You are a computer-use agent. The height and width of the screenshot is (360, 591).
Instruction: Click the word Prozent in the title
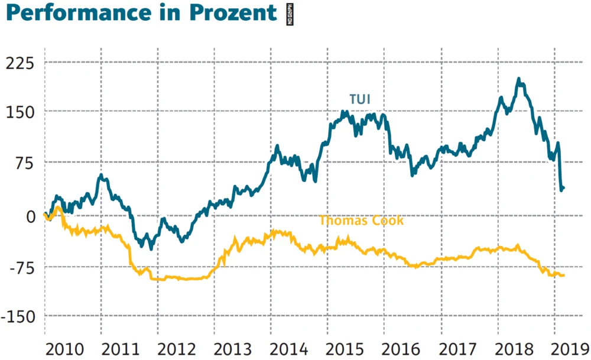(239, 12)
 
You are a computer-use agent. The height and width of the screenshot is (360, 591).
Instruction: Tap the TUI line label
(359, 99)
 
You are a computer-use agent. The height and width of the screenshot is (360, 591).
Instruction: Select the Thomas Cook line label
(361, 221)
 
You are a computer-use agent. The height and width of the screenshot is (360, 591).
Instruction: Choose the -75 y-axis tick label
(21, 267)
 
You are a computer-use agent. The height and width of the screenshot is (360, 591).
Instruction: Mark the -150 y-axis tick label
(18, 317)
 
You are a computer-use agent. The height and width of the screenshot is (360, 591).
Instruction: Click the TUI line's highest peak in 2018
(518, 79)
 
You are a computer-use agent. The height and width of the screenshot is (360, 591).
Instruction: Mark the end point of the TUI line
(564, 188)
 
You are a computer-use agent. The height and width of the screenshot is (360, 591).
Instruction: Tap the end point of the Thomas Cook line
(564, 275)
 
